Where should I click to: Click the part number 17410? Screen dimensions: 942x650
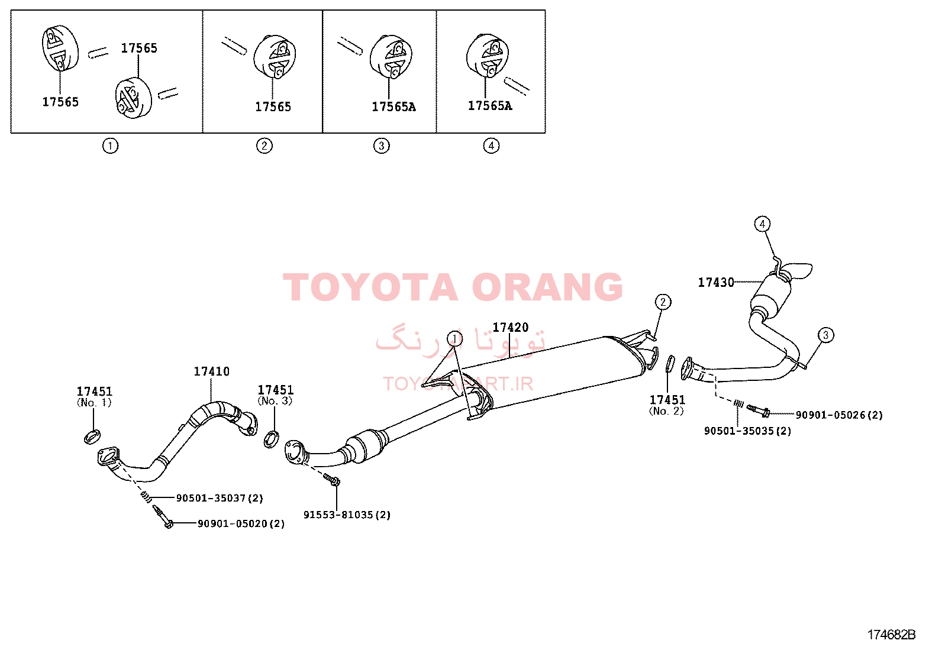click(211, 371)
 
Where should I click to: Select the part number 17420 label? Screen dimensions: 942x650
click(510, 327)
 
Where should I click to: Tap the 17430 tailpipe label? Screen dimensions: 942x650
click(716, 282)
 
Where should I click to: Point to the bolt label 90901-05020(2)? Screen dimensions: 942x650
click(241, 523)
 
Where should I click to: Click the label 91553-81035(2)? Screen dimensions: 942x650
click(347, 515)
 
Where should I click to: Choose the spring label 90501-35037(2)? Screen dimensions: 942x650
click(220, 498)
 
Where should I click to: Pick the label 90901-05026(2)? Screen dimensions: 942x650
click(839, 415)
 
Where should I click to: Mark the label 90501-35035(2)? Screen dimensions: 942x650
click(748, 431)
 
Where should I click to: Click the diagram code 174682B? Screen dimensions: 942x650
click(892, 635)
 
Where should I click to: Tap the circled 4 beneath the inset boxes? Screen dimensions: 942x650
click(491, 146)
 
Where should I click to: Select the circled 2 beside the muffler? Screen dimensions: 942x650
click(663, 302)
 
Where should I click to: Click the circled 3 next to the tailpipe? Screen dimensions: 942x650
click(825, 335)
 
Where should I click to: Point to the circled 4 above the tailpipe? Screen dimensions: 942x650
click(762, 224)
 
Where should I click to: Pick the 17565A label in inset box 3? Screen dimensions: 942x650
click(393, 107)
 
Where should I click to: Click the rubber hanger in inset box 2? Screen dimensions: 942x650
click(275, 57)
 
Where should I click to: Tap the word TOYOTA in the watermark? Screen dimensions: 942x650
click(370, 287)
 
